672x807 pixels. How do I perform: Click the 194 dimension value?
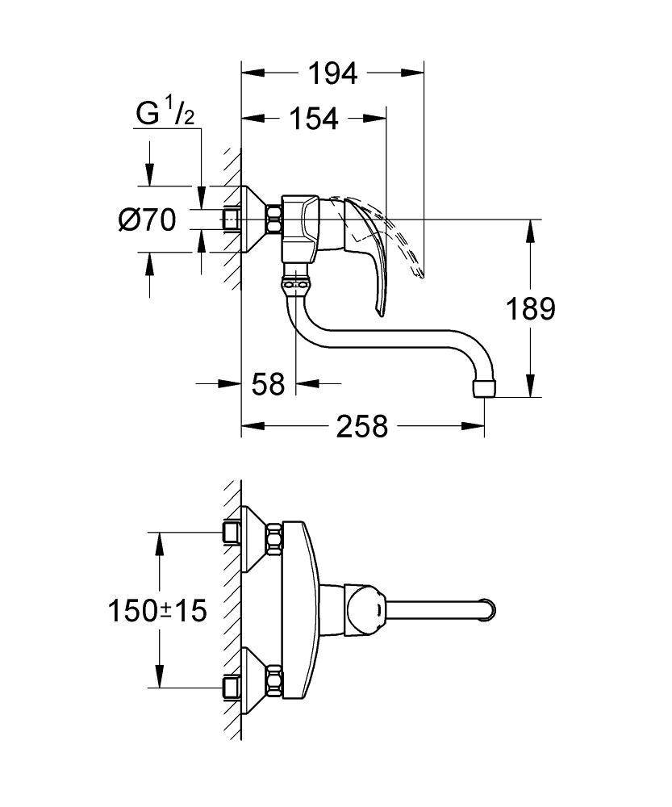click(332, 73)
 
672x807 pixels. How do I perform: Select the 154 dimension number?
click(313, 119)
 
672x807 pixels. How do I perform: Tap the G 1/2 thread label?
click(165, 114)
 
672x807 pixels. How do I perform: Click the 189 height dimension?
click(530, 308)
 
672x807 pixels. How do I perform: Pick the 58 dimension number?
click(268, 384)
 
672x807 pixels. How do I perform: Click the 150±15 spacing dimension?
click(158, 610)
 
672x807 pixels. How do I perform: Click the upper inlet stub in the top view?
click(232, 532)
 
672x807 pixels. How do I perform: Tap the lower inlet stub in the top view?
click(232, 687)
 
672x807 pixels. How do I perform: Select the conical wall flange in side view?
click(256, 219)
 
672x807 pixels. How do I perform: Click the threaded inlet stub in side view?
click(232, 219)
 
